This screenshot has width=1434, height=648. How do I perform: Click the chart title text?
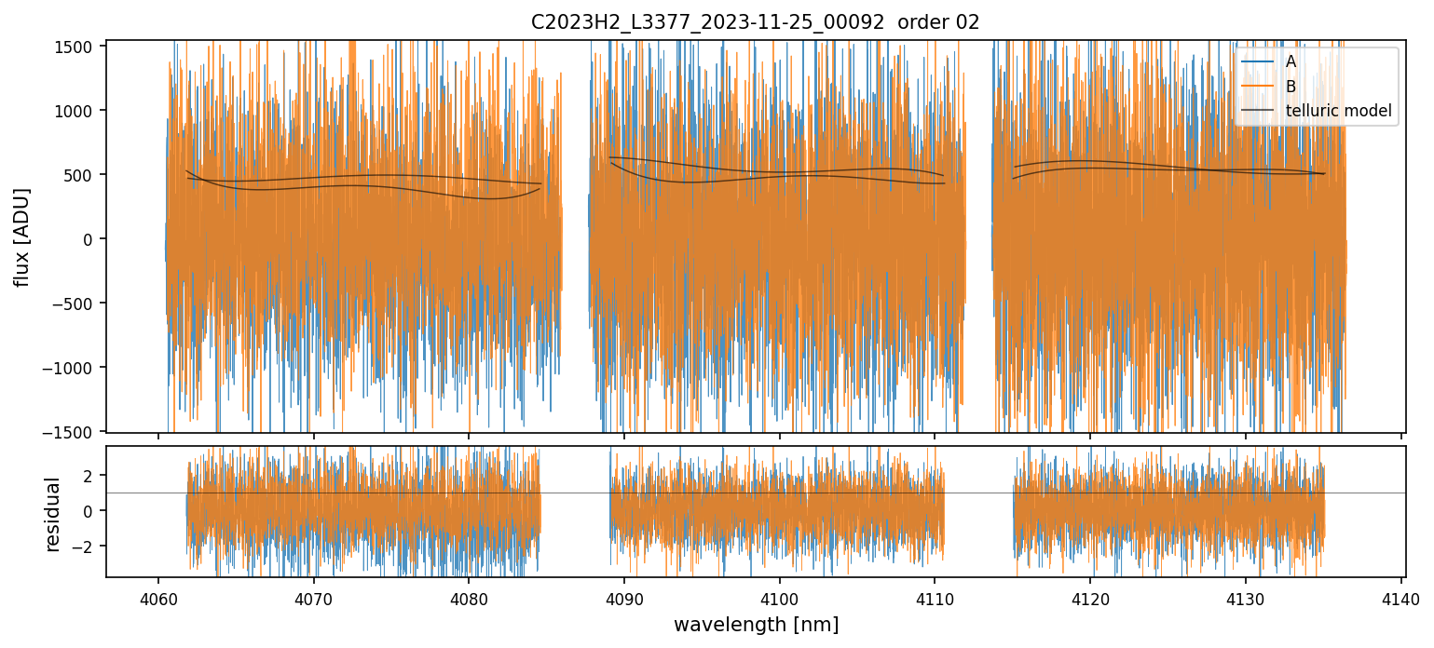[x=755, y=22]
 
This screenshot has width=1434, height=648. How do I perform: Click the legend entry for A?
[x=1291, y=61]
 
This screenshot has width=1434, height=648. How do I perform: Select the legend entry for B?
[x=1291, y=87]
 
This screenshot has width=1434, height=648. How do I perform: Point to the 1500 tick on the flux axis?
[x=77, y=47]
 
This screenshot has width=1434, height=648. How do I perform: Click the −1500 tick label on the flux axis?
[x=74, y=432]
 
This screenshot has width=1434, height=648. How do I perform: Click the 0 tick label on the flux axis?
[x=90, y=239]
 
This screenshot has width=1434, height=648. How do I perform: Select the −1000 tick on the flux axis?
[x=74, y=368]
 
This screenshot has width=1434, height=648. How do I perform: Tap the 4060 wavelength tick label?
[x=157, y=598]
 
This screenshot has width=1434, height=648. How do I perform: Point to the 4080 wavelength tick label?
[x=468, y=598]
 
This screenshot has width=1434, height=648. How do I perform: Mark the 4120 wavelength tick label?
[x=1090, y=598]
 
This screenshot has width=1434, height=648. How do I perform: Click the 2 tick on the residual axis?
[x=90, y=476]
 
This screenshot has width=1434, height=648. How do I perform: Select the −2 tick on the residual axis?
[x=87, y=547]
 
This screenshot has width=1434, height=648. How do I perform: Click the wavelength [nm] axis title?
[x=755, y=624]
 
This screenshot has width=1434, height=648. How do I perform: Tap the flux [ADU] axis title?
[x=21, y=236]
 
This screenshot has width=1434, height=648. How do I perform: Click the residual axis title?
[x=53, y=514]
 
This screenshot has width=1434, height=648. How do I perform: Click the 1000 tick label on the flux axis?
[x=77, y=111]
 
